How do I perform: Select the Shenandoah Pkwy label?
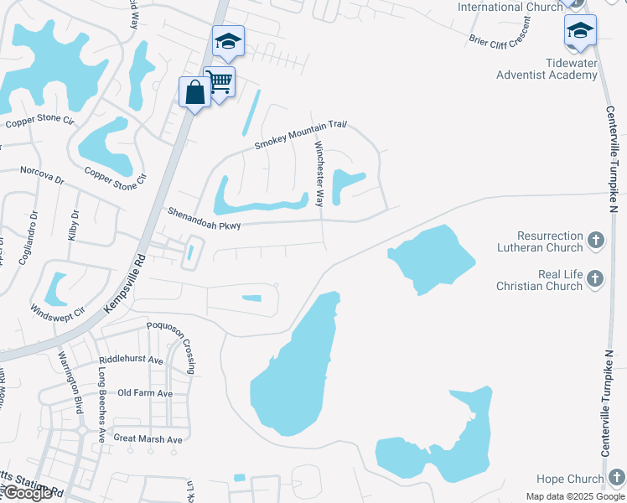pos(204,220)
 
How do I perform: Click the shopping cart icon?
pos(220,82)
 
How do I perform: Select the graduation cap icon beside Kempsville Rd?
pos(227,42)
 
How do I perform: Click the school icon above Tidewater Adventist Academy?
pos(580,31)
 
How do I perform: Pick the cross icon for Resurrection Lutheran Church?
pos(595,241)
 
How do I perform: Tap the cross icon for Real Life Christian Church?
pos(595,279)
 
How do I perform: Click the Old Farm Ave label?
pos(145,393)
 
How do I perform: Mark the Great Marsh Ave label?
pos(148,439)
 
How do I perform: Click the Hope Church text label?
pos(570,479)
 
